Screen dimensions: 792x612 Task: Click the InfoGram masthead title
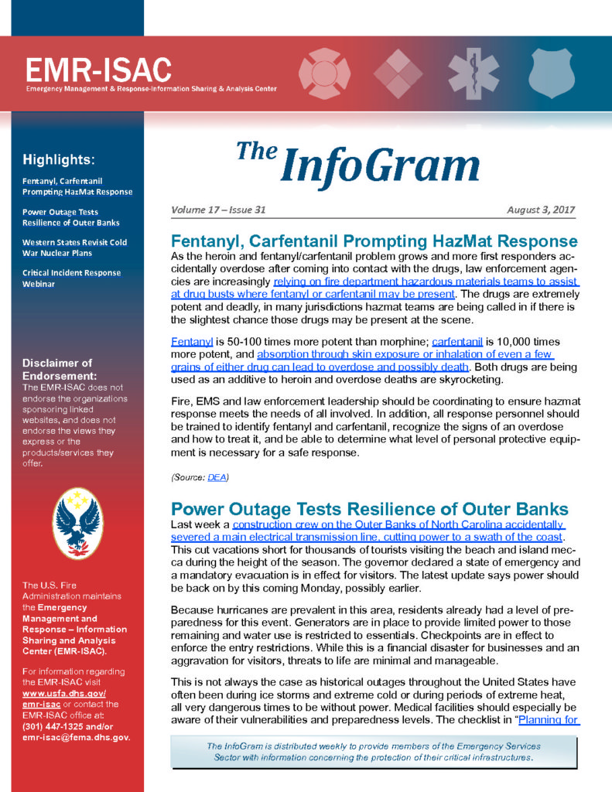pos(358,164)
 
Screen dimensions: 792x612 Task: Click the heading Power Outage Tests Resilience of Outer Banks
pos(369,509)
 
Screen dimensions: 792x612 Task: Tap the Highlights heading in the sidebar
pos(59,161)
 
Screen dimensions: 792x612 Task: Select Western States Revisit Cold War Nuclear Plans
pos(74,247)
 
